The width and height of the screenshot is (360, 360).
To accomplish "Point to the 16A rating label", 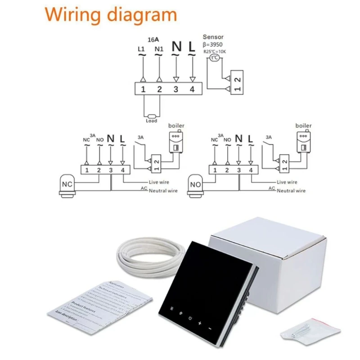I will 154,39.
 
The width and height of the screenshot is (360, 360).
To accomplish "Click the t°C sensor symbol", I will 215,58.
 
